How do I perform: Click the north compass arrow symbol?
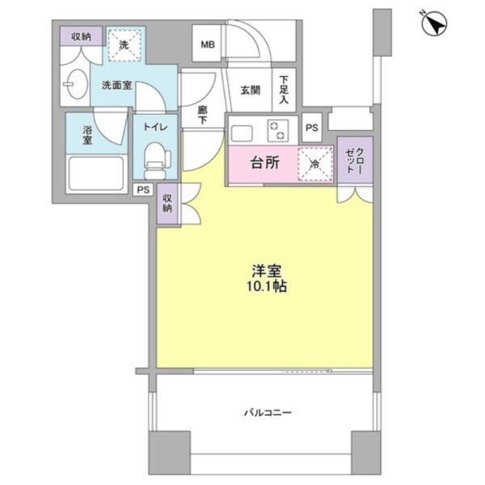click(x=434, y=23)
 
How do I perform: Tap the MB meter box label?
click(x=208, y=44)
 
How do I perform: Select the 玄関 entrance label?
click(x=251, y=91)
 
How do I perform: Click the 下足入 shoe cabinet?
click(x=284, y=90)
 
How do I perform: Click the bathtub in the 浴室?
click(x=96, y=174)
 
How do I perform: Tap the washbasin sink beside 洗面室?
click(x=76, y=84)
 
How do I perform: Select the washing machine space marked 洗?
click(x=124, y=45)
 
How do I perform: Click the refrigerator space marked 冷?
click(x=315, y=164)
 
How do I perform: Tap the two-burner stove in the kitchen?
click(x=278, y=130)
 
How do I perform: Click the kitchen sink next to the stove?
click(x=242, y=133)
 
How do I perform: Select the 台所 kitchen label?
click(x=265, y=163)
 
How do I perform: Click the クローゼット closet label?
click(x=355, y=160)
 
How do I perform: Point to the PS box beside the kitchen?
click(x=312, y=128)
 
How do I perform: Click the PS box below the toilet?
click(x=143, y=190)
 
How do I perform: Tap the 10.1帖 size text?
click(x=266, y=287)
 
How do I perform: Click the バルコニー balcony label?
click(x=268, y=412)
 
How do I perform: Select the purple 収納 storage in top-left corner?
click(x=81, y=36)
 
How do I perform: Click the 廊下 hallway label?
click(x=202, y=115)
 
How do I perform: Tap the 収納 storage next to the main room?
click(x=167, y=204)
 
